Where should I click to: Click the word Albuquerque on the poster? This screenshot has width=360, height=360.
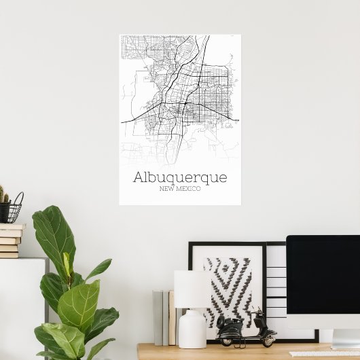click(180, 177)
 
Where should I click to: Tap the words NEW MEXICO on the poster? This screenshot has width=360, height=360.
click(180, 188)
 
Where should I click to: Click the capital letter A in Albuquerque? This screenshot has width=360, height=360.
click(140, 177)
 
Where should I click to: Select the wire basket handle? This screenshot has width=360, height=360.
click(18, 199)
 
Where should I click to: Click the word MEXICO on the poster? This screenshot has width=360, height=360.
click(190, 188)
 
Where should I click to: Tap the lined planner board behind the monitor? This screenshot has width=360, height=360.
click(276, 285)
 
